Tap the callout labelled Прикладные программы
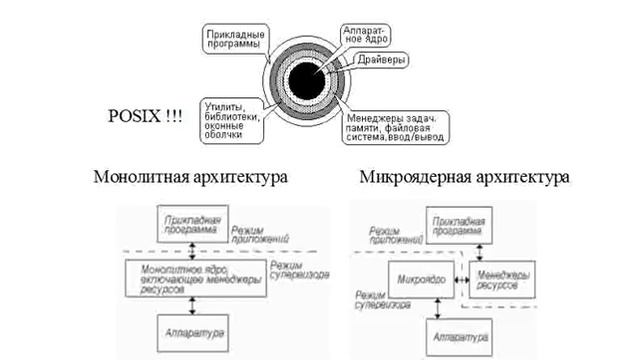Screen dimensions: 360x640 coord(233,39)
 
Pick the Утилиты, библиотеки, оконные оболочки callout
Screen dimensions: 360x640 coord(232,119)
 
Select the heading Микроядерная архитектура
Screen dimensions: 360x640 coord(463,177)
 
